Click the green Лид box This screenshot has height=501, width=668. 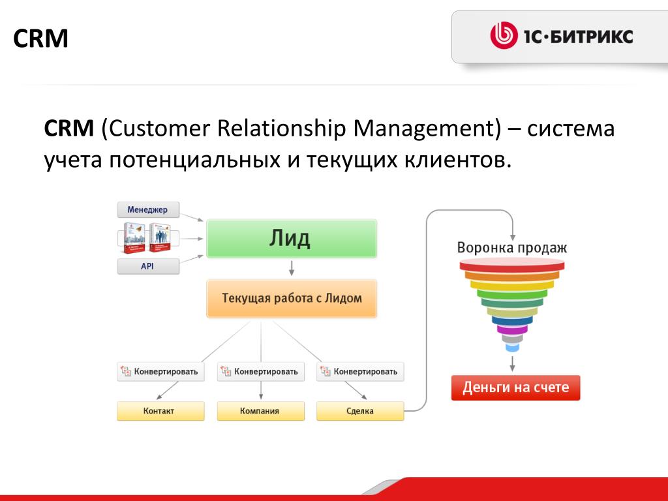coord(292,239)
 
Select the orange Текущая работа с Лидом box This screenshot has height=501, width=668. coord(292,298)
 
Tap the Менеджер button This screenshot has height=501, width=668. coord(148,209)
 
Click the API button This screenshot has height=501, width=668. coord(148,266)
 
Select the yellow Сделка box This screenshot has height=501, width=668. coord(360,411)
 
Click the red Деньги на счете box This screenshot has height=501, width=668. coord(515,387)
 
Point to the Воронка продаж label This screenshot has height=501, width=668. coord(512,247)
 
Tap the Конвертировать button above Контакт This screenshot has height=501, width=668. coord(160,371)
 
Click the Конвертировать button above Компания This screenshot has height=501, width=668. coord(261,371)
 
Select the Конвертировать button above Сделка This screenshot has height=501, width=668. coord(360,371)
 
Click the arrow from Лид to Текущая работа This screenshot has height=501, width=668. coord(292,268)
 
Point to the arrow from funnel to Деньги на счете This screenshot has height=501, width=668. coord(513,363)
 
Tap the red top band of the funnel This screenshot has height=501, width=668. coord(512,267)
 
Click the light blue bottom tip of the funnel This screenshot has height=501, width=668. coord(512,348)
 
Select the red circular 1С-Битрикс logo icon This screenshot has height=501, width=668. coord(504,36)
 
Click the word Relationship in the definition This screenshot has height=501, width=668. coord(281,129)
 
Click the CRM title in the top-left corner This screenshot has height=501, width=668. coord(40,38)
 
